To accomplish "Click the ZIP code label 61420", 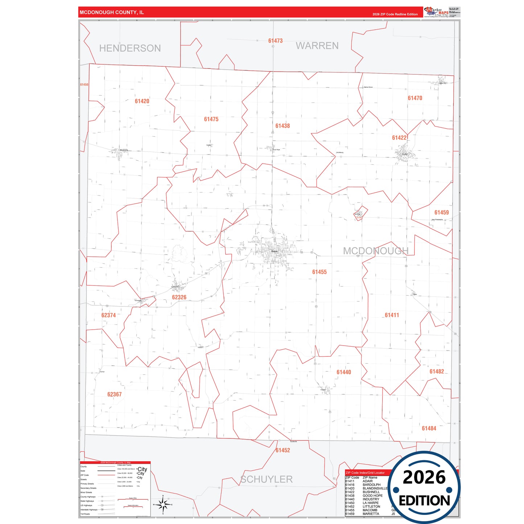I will (x=142, y=101).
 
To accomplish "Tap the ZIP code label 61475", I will (x=211, y=119).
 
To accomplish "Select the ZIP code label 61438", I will (x=282, y=126).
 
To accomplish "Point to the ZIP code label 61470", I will (x=415, y=98).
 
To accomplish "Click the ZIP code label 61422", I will (x=399, y=138).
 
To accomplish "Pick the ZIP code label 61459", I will (x=441, y=213).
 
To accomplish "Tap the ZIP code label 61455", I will (x=319, y=272).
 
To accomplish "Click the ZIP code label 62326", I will (x=179, y=297).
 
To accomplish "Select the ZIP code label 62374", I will (x=108, y=315).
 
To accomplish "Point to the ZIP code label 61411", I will (x=392, y=315).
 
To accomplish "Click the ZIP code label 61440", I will (x=343, y=372).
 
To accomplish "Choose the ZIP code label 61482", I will (x=437, y=371).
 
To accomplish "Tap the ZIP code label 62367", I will (x=114, y=394).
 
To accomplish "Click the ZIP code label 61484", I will (x=429, y=428).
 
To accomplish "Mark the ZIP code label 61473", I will (x=275, y=41).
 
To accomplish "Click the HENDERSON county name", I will (x=130, y=48).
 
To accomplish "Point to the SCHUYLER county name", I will (x=267, y=479).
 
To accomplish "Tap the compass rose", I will (x=163, y=504).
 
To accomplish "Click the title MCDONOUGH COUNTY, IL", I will (x=112, y=12).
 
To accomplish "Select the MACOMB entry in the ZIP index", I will (x=370, y=510).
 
